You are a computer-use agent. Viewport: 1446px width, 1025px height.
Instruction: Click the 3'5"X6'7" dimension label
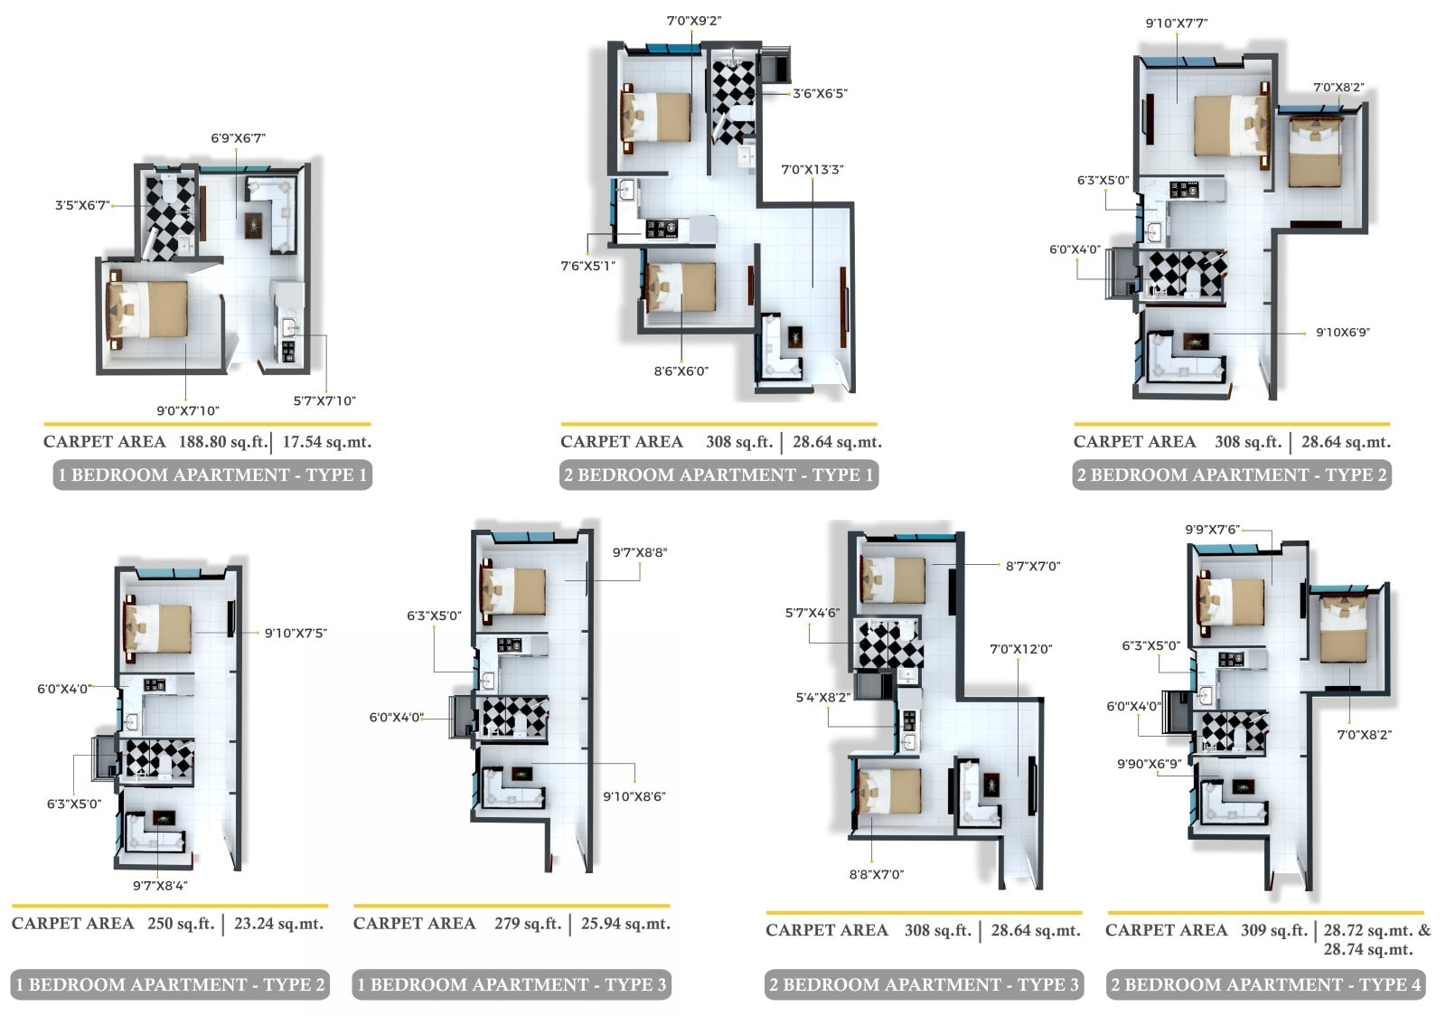82,205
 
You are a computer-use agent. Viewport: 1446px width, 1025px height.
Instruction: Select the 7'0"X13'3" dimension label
812,170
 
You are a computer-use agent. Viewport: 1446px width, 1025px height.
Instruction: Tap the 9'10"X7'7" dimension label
1176,24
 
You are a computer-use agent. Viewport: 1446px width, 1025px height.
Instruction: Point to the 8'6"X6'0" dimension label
681,371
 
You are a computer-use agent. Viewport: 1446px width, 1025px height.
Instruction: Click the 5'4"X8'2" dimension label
823,697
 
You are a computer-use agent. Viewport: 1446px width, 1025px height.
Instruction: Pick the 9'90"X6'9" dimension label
1149,765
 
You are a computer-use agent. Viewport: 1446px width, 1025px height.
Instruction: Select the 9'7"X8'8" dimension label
639,552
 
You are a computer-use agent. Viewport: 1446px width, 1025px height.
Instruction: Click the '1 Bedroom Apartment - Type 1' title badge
212,475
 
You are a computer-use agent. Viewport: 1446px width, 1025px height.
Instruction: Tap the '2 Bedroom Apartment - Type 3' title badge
924,984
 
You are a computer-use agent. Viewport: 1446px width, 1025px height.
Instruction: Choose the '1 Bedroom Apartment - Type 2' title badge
170,984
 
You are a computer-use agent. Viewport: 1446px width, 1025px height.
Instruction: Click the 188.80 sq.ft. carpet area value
222,442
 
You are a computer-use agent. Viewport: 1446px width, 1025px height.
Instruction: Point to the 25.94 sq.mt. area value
625,924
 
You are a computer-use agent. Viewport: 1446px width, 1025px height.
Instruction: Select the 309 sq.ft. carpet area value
1273,930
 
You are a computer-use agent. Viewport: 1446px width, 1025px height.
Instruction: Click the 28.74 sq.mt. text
1368,949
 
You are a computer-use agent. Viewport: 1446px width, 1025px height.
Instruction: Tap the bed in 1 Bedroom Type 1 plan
148,309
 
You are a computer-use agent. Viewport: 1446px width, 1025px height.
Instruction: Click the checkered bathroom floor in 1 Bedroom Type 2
159,757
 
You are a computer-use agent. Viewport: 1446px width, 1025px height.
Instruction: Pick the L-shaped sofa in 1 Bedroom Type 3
513,789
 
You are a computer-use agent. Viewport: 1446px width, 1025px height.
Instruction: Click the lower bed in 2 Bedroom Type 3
888,790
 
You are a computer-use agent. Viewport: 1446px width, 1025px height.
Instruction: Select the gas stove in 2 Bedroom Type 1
661,229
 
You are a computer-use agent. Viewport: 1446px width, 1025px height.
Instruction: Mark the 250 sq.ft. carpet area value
181,924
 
